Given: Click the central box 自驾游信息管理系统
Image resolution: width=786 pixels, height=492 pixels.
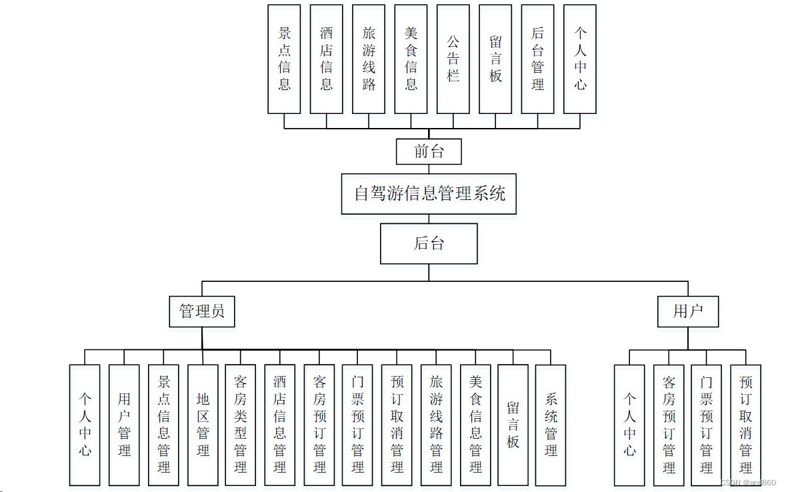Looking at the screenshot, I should (x=429, y=194).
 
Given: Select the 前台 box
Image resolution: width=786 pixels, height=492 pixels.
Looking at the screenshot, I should (x=429, y=151).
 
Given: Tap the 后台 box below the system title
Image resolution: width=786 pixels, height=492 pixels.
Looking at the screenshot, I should (x=429, y=243).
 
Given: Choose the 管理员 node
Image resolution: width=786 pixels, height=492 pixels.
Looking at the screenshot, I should (x=202, y=311).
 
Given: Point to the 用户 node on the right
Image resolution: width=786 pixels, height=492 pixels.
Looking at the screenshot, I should (x=687, y=311).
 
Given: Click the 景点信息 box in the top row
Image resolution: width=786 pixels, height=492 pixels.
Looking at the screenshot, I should (x=284, y=59).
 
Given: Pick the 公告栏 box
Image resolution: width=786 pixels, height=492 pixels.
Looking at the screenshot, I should (x=453, y=59).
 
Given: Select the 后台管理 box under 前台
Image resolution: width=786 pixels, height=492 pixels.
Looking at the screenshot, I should (x=537, y=59).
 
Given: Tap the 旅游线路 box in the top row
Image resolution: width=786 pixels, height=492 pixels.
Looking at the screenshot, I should (x=369, y=59).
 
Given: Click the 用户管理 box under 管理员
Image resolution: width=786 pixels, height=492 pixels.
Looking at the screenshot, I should (x=124, y=425).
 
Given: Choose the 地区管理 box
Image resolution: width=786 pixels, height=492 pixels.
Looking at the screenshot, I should (x=203, y=425).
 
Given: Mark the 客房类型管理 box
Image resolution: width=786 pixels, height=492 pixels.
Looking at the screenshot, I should (x=241, y=425).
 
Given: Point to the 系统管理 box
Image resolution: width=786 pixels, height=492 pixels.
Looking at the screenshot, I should (x=551, y=425).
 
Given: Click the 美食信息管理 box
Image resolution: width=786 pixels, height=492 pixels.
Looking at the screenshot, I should (x=475, y=425).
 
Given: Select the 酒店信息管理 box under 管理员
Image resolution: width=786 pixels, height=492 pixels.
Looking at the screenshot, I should (x=280, y=425).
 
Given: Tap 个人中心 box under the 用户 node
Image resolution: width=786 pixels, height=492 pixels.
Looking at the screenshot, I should (x=629, y=425).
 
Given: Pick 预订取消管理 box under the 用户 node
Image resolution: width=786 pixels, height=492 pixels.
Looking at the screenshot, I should (x=745, y=425).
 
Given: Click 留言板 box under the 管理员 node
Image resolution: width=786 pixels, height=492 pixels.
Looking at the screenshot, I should (x=513, y=425).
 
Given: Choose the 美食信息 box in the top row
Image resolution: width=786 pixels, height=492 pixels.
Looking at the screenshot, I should (x=411, y=59).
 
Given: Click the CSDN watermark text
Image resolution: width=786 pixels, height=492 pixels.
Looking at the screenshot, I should (x=748, y=483).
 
